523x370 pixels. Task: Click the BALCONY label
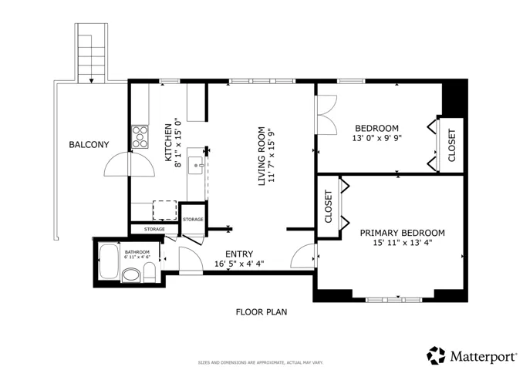(89, 145)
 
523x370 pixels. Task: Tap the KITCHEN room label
(168, 143)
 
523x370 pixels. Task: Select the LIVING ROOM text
(261, 156)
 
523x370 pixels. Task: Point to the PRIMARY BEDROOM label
(402, 233)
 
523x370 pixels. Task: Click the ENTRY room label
(239, 254)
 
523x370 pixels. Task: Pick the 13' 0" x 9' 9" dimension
(377, 138)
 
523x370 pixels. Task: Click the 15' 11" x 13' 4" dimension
(403, 243)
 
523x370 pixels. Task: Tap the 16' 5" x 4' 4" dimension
(239, 264)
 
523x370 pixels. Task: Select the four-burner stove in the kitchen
(140, 137)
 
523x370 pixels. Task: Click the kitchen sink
(196, 165)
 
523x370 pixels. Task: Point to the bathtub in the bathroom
(109, 262)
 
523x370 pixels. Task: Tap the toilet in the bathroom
(149, 271)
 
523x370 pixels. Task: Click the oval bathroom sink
(131, 275)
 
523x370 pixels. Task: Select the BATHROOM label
(137, 252)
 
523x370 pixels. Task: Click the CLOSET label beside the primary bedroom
(329, 207)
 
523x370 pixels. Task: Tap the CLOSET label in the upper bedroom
(451, 146)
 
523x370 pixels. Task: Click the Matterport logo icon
(436, 355)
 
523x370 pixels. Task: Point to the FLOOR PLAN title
(261, 312)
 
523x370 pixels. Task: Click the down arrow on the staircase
(91, 80)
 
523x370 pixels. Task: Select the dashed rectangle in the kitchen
(165, 210)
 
